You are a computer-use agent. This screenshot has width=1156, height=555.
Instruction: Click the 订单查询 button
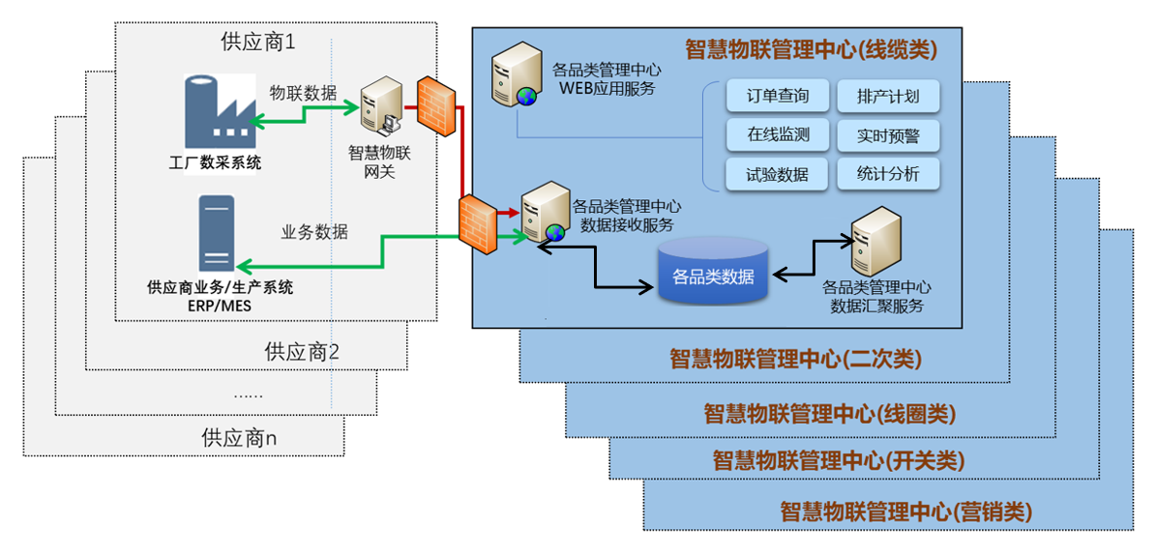click(x=778, y=97)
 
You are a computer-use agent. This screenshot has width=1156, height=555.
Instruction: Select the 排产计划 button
click(x=888, y=97)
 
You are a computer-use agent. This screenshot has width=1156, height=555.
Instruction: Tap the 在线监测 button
click(x=778, y=135)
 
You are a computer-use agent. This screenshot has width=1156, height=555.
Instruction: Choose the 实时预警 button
click(x=888, y=135)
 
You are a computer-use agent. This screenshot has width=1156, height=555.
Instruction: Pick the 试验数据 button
click(x=778, y=174)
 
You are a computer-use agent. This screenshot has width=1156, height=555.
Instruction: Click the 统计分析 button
click(x=888, y=174)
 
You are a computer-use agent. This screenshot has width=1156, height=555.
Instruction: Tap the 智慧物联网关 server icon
click(x=381, y=108)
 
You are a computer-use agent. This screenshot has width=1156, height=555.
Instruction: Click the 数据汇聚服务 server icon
click(x=874, y=241)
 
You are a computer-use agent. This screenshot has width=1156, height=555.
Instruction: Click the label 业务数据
click(x=315, y=232)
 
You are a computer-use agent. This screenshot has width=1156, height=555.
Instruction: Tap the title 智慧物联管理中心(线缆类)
click(x=811, y=49)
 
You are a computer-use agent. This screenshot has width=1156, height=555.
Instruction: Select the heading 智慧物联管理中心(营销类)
click(x=906, y=511)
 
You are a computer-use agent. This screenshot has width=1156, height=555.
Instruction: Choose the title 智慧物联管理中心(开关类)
click(x=839, y=460)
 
